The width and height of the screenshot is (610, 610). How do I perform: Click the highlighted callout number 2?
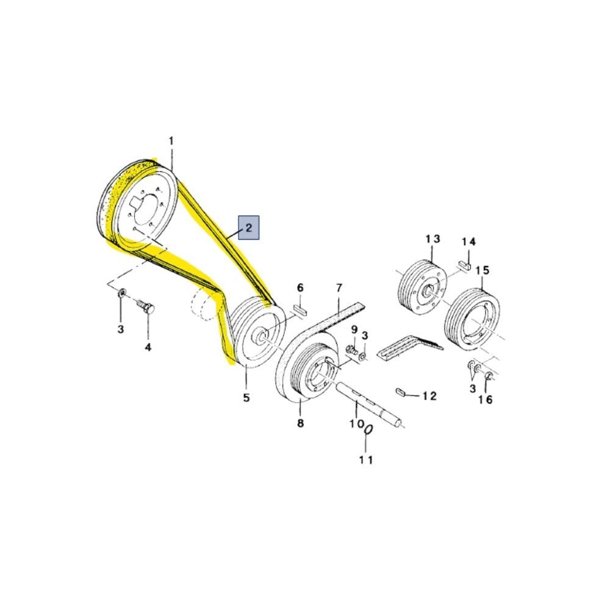pos(249,227)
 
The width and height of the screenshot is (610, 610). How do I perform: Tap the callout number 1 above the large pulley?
pos(171,142)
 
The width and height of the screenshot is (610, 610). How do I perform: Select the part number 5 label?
pos(246,398)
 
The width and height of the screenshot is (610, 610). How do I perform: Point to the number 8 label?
pos(300,423)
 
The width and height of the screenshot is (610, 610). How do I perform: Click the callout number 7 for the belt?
pos(339,289)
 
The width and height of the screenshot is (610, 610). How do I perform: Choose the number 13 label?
pos(432,239)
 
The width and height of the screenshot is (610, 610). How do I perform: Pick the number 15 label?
pos(483,270)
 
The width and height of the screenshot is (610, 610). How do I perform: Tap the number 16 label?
pos(485,400)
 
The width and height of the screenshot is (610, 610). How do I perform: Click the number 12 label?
pos(429,396)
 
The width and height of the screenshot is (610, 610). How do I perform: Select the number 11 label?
pos(365,460)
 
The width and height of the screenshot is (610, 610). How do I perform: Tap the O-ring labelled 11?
pos(368,431)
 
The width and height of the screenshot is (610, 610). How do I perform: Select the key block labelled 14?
pos(464,265)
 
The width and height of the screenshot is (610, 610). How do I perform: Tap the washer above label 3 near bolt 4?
pos(122,293)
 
